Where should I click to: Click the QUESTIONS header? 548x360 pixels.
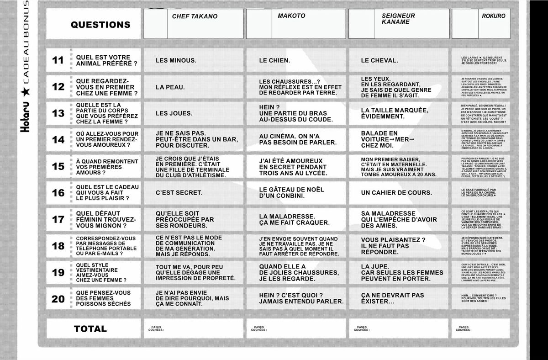[100, 25]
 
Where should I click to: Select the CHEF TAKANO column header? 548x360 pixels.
[195, 16]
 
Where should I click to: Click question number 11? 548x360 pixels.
[58, 60]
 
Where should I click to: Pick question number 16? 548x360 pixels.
[58, 193]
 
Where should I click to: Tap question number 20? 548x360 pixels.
[58, 299]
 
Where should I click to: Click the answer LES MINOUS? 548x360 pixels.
[176, 60]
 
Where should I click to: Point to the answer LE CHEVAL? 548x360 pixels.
[379, 60]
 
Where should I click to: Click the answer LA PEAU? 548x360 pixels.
[170, 87]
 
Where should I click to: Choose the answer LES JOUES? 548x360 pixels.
[174, 113]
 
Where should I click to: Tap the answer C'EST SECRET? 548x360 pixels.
[179, 193]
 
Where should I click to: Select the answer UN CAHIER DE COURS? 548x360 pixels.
[396, 193]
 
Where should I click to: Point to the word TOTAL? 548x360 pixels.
[90, 328]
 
